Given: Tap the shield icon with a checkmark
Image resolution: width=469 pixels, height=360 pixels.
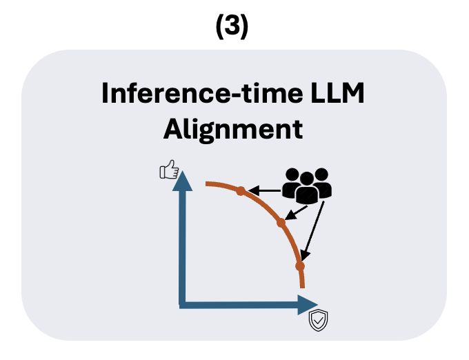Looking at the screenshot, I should click(318, 320).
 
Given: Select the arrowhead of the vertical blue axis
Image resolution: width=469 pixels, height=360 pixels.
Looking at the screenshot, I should click(183, 181).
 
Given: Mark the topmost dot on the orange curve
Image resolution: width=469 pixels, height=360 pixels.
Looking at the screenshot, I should click(240, 190).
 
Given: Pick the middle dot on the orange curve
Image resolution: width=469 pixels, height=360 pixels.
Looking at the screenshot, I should click(281, 223).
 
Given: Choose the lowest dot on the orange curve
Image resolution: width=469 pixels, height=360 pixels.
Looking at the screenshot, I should click(299, 266).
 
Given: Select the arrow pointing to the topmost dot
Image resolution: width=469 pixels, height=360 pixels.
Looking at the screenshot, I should click(266, 190).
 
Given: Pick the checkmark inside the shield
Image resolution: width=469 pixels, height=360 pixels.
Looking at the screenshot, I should click(318, 320).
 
